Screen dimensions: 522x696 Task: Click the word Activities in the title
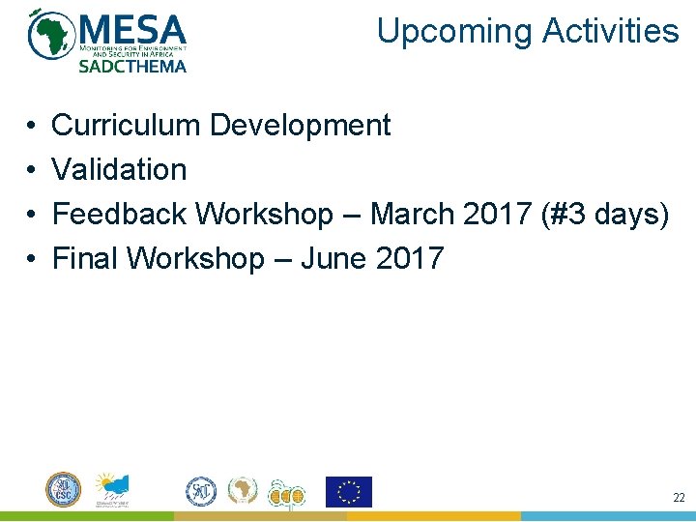611,31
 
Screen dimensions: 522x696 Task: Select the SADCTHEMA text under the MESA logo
131,66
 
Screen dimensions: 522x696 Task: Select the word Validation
119,169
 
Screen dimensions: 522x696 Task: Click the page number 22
678,497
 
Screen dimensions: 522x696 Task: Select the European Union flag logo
348,491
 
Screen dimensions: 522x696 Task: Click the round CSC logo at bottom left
64,489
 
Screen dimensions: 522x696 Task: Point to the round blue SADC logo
201,491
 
